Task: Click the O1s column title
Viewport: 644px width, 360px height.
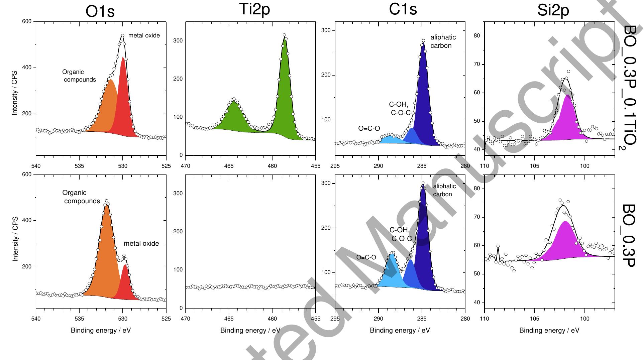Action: tap(100, 11)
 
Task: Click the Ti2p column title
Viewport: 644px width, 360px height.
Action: tap(254, 9)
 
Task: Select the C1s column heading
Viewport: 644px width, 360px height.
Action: tap(403, 9)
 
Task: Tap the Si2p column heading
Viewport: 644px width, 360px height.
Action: tap(553, 11)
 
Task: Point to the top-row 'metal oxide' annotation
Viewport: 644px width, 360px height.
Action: tap(144, 35)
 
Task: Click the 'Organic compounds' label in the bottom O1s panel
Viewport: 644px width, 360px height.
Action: tap(81, 197)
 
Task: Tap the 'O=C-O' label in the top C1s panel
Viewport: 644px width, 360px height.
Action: tap(369, 128)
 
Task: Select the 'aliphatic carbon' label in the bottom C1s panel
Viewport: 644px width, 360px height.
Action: tap(444, 190)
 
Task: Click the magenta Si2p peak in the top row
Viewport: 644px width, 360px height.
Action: tap(567, 120)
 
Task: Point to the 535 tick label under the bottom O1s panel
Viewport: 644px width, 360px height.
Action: tap(79, 319)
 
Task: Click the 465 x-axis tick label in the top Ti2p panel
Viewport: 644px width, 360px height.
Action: tap(229, 166)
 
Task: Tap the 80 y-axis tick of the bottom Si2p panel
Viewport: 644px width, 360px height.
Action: tap(477, 189)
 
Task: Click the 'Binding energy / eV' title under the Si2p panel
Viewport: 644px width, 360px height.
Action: tap(549, 330)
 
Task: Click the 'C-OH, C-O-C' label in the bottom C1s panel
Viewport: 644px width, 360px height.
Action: tap(401, 234)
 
